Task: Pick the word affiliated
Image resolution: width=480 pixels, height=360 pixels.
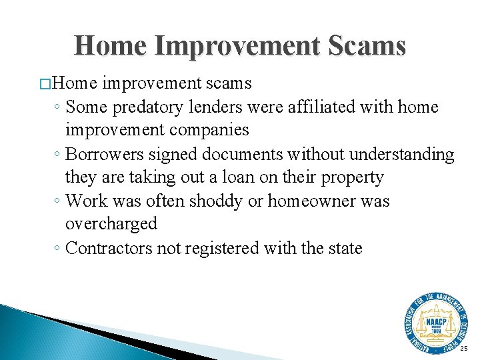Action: click(x=319, y=107)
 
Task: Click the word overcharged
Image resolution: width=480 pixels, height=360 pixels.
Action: click(x=111, y=225)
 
